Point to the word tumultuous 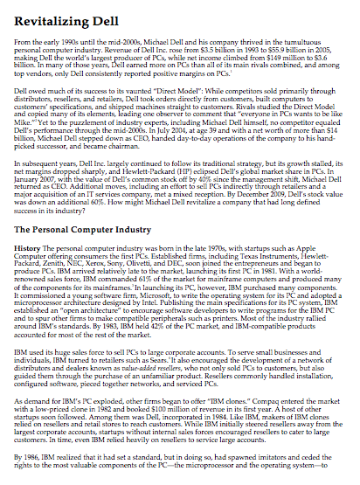295,42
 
